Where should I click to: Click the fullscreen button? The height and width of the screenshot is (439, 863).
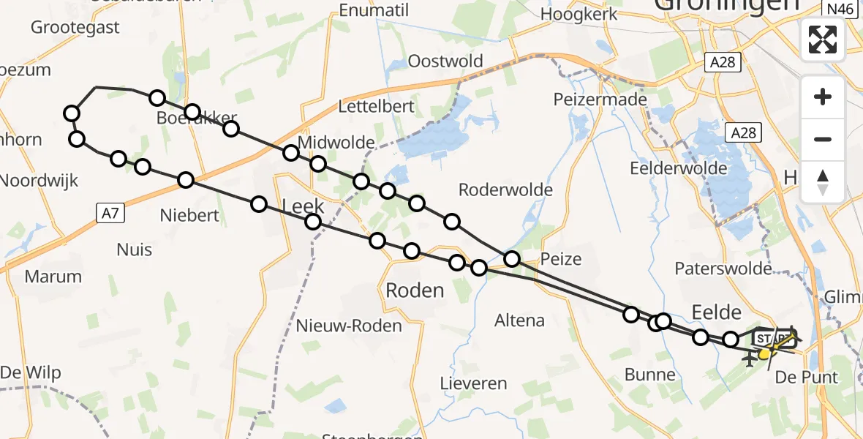(823, 39)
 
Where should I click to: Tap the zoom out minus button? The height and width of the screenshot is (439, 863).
(823, 139)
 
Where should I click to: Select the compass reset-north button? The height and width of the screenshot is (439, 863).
(823, 181)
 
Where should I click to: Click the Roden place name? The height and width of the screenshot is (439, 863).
(415, 290)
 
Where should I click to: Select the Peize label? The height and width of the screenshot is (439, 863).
(561, 259)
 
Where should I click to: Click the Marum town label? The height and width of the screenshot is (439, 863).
(53, 277)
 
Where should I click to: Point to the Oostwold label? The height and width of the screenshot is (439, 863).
(445, 61)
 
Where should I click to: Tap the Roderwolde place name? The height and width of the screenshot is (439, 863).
(505, 190)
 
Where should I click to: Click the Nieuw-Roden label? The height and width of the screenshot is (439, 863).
(349, 326)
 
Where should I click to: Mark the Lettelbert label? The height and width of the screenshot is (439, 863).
(376, 106)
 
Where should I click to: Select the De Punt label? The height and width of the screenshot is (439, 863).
(806, 378)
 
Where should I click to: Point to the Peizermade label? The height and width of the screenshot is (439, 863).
(600, 99)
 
